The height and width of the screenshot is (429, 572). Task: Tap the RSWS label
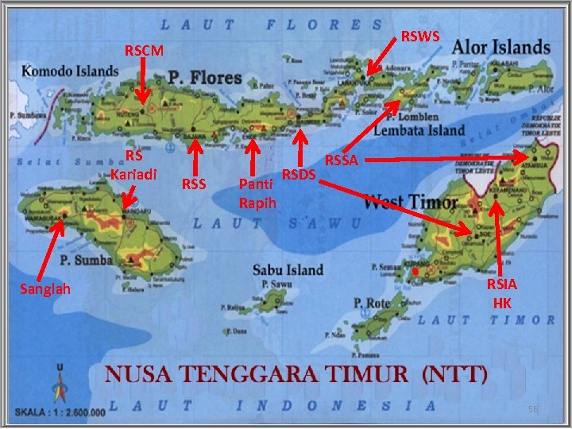(422, 36)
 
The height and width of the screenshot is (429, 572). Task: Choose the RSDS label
(300, 174)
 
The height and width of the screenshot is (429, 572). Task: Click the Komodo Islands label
(70, 71)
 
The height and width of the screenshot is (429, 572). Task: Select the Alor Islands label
(501, 47)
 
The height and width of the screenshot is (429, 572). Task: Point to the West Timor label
(411, 201)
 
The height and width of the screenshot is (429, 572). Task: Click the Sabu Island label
(288, 269)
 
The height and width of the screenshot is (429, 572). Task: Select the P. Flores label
(204, 78)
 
